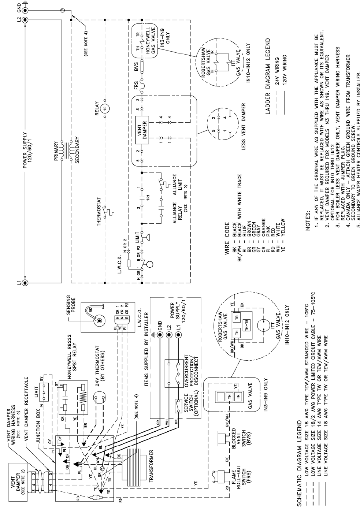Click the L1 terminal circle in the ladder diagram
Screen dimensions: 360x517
(25, 282)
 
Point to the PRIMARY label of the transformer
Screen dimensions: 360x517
(57, 150)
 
